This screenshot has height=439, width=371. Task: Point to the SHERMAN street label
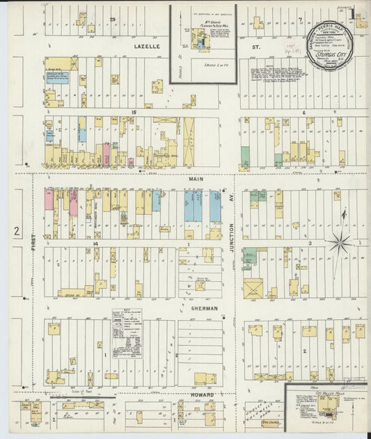[205, 307]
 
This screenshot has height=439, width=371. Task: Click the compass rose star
[341, 243]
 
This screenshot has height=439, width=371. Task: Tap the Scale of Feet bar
[81, 395]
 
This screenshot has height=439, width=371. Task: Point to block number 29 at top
[112, 19]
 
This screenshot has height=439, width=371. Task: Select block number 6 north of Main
[303, 112]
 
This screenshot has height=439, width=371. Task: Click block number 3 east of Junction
[308, 244]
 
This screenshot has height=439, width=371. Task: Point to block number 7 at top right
[299, 19]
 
